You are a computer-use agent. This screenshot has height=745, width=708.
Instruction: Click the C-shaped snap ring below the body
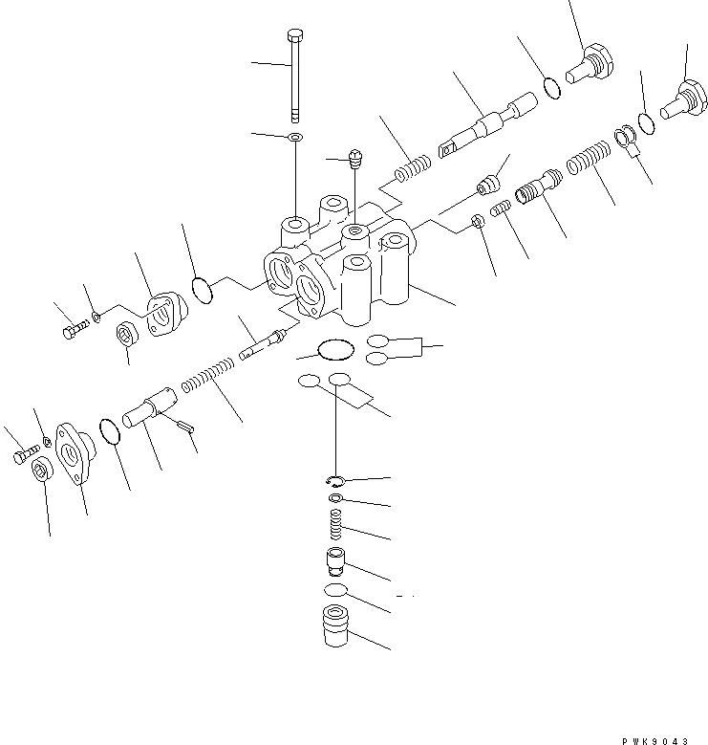click(334, 480)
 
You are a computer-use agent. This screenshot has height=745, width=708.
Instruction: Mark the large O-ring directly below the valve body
click(333, 351)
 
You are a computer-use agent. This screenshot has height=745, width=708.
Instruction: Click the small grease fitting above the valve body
click(356, 159)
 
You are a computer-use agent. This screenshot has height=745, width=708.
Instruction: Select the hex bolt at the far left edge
click(22, 458)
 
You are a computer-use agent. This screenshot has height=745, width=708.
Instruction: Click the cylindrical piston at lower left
click(156, 407)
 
